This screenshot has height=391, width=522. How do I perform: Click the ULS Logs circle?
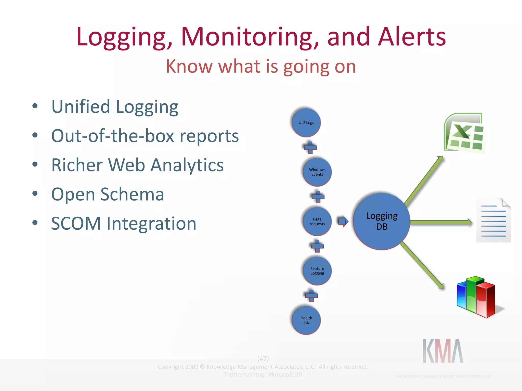pyautogui.click(x=306, y=123)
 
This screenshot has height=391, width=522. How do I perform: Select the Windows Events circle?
pyautogui.click(x=317, y=172)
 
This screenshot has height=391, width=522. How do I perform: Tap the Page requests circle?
pyautogui.click(x=317, y=221)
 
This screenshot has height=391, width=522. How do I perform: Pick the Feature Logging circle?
pyautogui.click(x=317, y=271)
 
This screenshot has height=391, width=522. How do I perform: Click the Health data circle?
pyautogui.click(x=306, y=320)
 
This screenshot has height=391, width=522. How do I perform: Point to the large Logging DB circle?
pyautogui.click(x=382, y=221)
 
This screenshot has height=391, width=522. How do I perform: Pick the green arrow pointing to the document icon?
pyautogui.click(x=441, y=222)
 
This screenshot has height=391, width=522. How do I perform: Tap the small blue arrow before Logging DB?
pyautogui.click(x=343, y=221)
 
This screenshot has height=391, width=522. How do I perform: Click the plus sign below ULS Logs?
pyautogui.click(x=310, y=147)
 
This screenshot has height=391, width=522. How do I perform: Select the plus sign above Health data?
pyautogui.click(x=311, y=296)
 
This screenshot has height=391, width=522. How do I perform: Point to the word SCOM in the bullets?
pyautogui.click(x=76, y=224)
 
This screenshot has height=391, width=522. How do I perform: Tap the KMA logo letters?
pyautogui.click(x=443, y=351)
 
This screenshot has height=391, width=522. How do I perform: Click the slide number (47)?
pyautogui.click(x=263, y=358)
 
